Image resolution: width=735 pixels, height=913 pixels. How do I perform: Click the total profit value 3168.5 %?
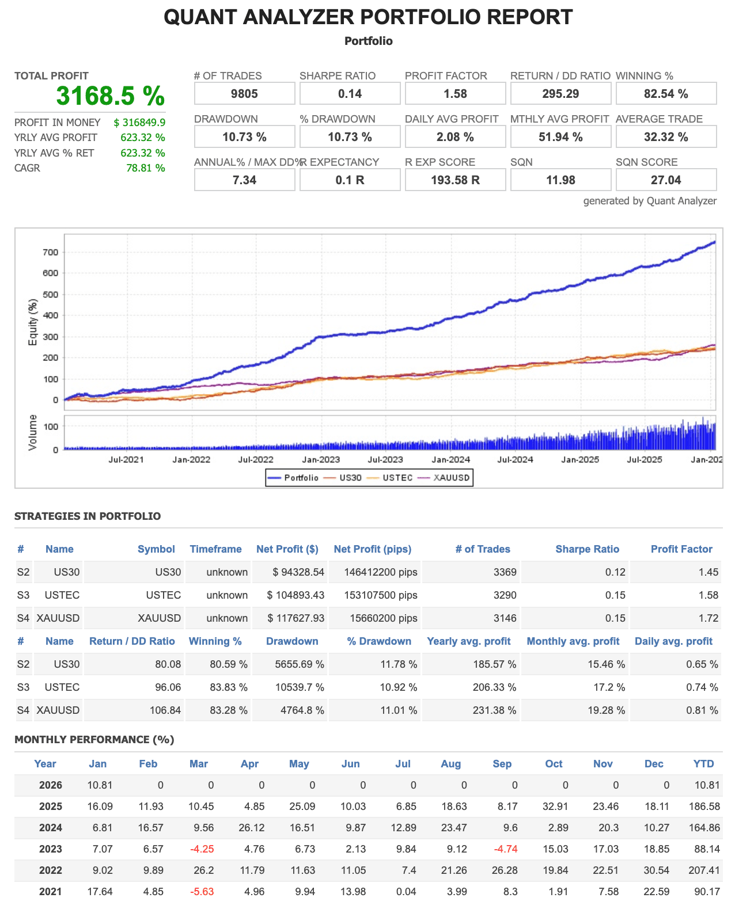[x=110, y=96]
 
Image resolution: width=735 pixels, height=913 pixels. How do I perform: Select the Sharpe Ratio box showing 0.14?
[x=350, y=94]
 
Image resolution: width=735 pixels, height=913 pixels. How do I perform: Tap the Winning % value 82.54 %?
[x=666, y=94]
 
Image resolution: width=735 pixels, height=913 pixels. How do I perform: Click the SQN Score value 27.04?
[x=666, y=180]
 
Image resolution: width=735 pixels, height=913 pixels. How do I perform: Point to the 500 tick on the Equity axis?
[x=51, y=294]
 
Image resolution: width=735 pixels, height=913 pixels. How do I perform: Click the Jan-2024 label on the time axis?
[x=451, y=459]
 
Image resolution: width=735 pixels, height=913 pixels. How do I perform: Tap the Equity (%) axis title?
[x=33, y=322]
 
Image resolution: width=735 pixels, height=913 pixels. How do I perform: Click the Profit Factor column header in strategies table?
[x=681, y=549]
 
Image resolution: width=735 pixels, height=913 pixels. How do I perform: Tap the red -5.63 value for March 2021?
[x=202, y=892]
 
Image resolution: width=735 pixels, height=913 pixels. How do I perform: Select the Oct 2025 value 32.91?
[x=555, y=807]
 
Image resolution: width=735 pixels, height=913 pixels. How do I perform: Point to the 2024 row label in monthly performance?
[x=51, y=828]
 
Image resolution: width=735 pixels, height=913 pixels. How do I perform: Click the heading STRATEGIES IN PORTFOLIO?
[x=88, y=516]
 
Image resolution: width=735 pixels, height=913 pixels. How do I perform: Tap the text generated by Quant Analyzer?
[x=650, y=201]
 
